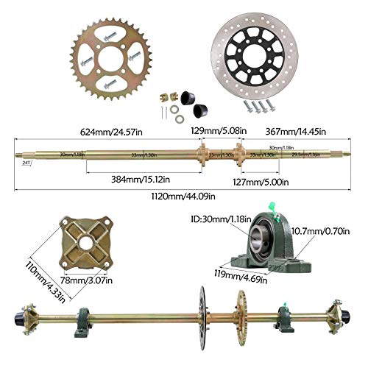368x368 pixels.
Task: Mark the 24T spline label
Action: [26, 162]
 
